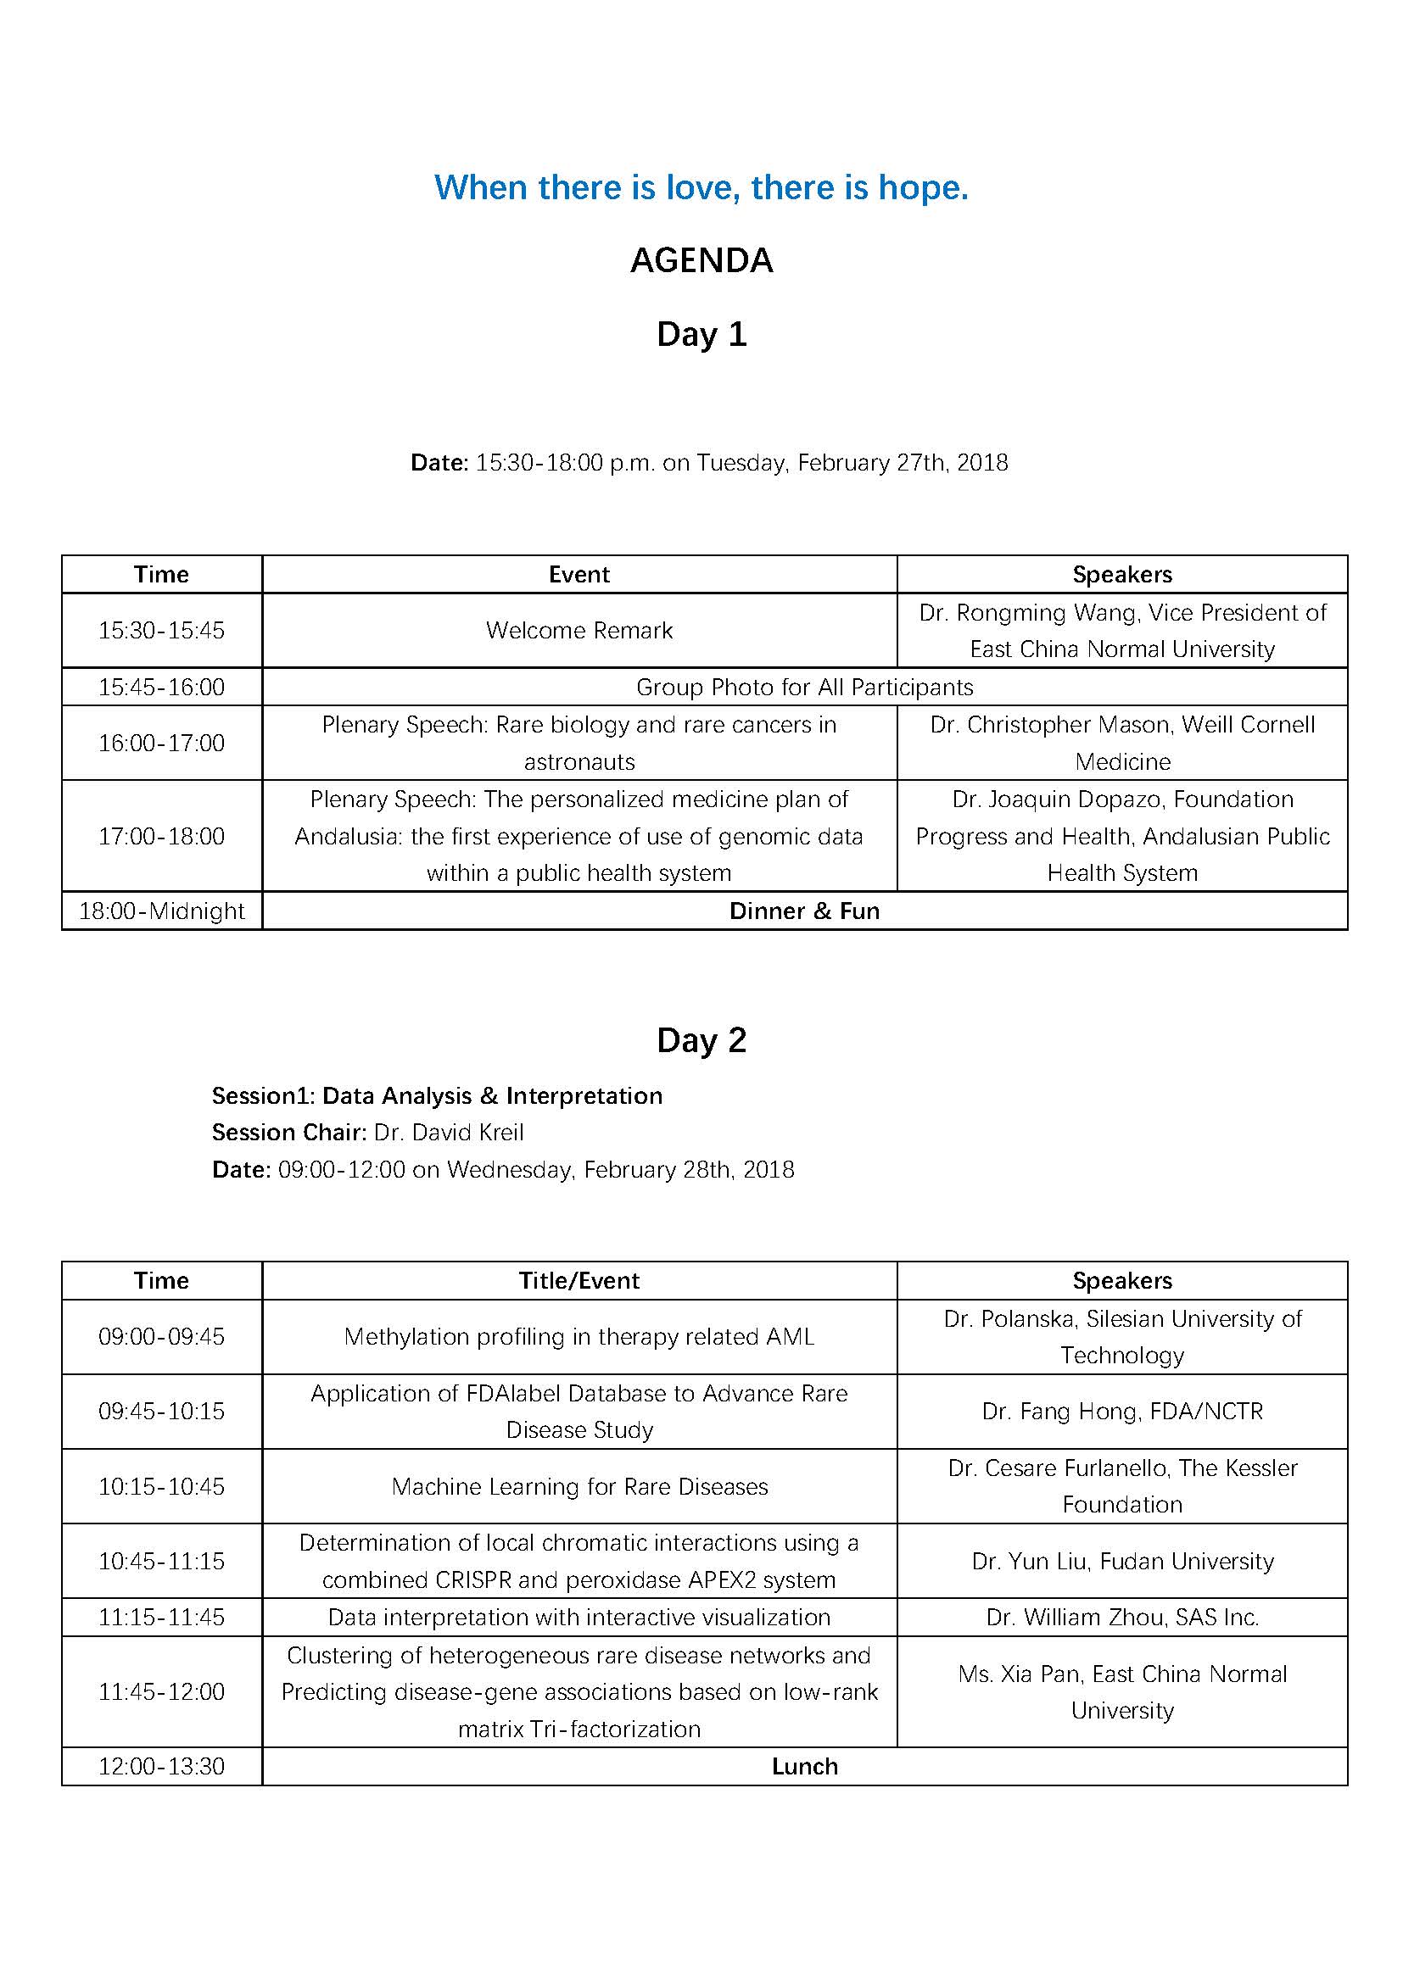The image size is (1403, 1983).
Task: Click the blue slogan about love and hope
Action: [x=701, y=187]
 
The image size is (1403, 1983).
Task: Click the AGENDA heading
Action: [x=701, y=261]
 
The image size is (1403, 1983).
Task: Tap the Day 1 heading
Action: [x=701, y=334]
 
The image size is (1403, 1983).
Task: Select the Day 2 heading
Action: [x=701, y=1040]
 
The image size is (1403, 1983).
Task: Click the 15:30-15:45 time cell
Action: [x=161, y=631]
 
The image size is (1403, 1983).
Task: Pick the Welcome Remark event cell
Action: [x=579, y=631]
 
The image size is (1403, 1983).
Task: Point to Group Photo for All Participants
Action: [x=804, y=688]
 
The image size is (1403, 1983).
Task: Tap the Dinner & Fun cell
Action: [x=804, y=911]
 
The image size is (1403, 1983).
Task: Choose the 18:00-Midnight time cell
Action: [x=161, y=911]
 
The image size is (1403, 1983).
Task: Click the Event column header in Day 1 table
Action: [x=579, y=574]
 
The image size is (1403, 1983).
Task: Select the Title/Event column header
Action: [x=579, y=1281]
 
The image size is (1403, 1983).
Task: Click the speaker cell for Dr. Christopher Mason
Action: [x=1122, y=743]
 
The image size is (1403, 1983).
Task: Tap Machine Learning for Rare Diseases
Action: [x=579, y=1486]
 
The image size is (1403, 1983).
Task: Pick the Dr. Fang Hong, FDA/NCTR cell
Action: [x=1122, y=1412]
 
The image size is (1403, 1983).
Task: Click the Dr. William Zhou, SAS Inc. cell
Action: [x=1122, y=1617]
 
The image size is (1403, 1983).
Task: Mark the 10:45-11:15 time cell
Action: [x=161, y=1561]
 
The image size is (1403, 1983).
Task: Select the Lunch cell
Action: [x=804, y=1766]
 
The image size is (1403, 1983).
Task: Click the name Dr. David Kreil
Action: [x=449, y=1133]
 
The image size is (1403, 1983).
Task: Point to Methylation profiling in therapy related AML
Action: [x=579, y=1337]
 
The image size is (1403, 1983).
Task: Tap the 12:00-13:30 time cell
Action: [x=161, y=1766]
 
